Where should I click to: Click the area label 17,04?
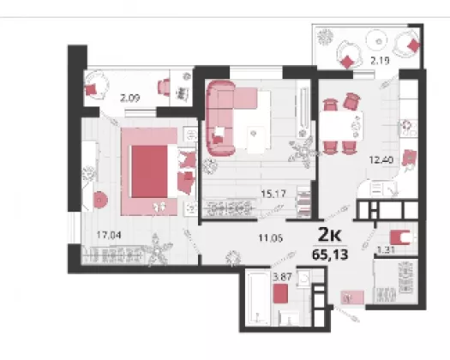click(109, 235)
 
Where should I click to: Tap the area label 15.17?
click(273, 194)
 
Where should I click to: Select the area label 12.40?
click(381, 159)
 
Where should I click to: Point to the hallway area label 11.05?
click(271, 237)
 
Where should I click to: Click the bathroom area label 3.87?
click(282, 277)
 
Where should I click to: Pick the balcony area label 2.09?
click(130, 99)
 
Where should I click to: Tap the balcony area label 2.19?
click(380, 61)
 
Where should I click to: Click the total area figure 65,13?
click(330, 255)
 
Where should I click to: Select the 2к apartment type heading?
click(330, 235)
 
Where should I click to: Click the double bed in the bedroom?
click(149, 171)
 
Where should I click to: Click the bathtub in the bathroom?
click(259, 298)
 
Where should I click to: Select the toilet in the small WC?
click(402, 237)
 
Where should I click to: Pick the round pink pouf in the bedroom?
click(100, 200)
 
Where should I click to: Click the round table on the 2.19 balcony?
click(376, 41)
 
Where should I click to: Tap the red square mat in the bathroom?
click(280, 293)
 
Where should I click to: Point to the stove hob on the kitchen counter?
click(408, 128)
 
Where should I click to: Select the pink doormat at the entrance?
click(352, 297)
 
